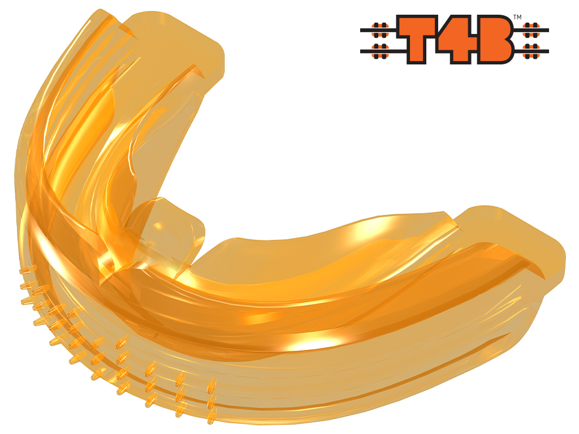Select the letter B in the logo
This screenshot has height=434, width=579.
tap(495, 39)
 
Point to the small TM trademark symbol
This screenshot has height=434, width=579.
tap(517, 17)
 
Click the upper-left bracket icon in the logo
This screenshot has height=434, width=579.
tap(380, 31)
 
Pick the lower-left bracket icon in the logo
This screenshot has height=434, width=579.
tap(380, 51)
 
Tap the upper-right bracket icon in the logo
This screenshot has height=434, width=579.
tap(532, 31)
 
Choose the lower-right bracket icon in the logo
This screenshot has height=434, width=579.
tap(532, 51)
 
